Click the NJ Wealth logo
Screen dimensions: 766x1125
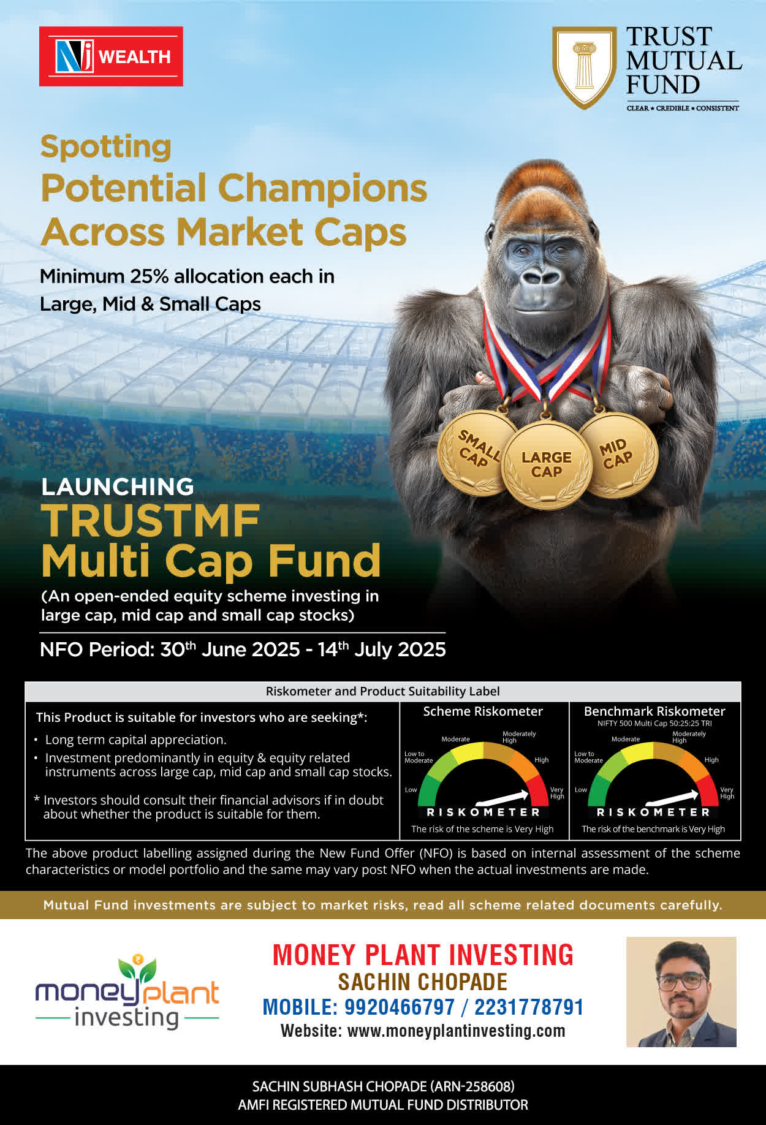click(111, 56)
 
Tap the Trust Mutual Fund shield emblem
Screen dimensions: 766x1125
click(584, 67)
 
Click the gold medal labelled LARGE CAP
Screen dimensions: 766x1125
click(546, 464)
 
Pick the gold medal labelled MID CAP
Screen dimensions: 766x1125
click(618, 454)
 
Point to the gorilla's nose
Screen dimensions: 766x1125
click(542, 277)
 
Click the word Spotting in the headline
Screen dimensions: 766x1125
click(106, 147)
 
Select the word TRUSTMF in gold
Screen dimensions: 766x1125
click(151, 521)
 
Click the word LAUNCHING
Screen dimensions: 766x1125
click(118, 487)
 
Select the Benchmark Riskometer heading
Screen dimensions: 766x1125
click(654, 711)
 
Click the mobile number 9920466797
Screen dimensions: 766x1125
click(400, 1007)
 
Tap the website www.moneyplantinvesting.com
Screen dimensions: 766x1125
click(457, 1031)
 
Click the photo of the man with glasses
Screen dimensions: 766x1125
click(681, 991)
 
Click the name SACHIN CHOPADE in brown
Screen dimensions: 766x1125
click(423, 982)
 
